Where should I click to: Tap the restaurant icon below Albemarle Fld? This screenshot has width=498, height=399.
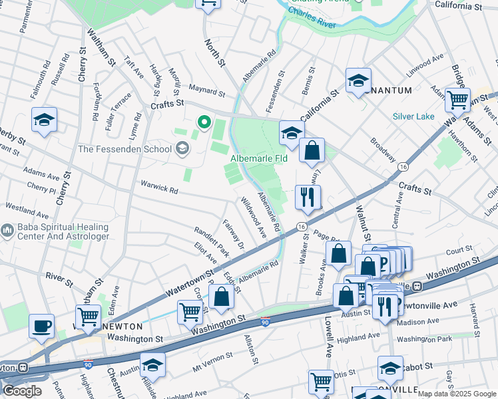[308, 196]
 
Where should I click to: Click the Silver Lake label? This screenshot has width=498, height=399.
[413, 116]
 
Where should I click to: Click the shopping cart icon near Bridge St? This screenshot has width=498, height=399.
[457, 100]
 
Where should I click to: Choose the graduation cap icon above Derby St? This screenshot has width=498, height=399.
[44, 120]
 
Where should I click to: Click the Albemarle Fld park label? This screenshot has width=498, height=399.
[259, 159]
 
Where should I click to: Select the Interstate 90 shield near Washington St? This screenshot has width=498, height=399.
[265, 323]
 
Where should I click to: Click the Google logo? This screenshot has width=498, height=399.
[22, 391]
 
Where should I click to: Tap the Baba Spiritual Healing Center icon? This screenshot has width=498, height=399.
[7, 231]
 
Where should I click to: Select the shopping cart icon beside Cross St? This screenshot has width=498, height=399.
[190, 311]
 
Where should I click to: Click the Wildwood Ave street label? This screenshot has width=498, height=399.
[254, 217]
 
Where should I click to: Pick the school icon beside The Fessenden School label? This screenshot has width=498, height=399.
[182, 148]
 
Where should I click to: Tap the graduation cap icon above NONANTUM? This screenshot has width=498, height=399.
[358, 80]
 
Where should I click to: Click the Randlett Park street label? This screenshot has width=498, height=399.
[212, 242]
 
